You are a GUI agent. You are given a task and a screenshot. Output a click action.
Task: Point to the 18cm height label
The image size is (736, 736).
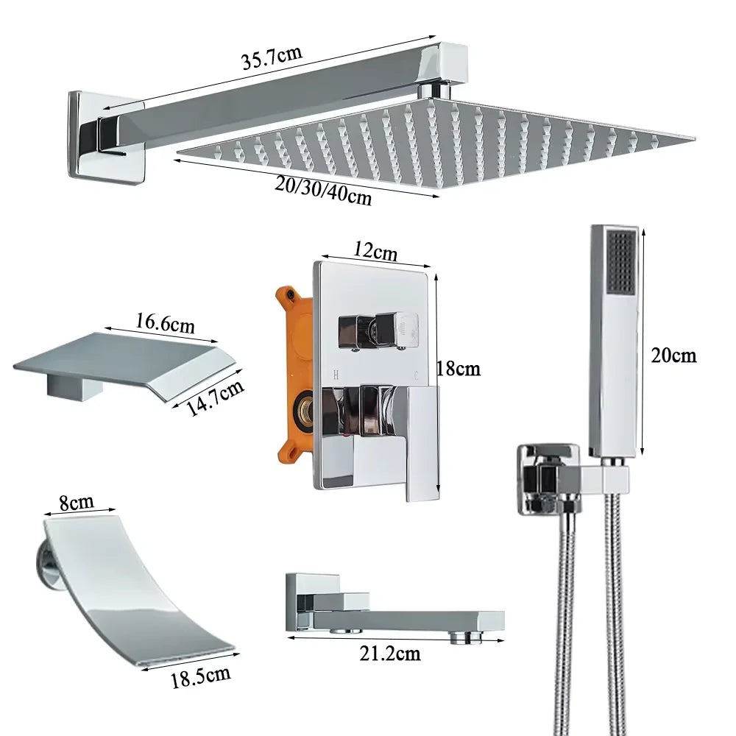point(457,368)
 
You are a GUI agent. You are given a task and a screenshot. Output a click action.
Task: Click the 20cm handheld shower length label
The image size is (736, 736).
point(673,355)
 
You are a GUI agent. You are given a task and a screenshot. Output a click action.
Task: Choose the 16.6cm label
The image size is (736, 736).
point(165,323)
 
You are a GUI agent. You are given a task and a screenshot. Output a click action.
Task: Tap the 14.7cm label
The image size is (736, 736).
point(214,398)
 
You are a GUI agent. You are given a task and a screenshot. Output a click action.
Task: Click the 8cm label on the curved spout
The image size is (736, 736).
point(77,503)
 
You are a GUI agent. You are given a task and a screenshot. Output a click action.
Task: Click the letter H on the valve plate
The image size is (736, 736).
point(336,375)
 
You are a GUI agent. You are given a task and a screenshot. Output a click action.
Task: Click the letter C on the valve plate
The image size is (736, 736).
point(417,375)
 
